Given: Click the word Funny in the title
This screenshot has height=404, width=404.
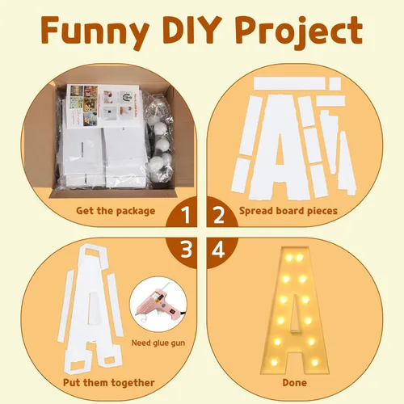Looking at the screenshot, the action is coord(95,32).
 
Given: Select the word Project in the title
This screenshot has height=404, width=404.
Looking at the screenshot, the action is coord(301,32).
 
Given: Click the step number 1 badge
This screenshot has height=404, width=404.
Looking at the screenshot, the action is coord(182,212).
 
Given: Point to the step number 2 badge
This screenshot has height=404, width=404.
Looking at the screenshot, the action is coord(221,212).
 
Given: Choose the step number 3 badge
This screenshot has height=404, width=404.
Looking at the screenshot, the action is coord(182,253).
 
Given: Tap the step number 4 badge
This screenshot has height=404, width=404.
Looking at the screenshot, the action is coord(221,253).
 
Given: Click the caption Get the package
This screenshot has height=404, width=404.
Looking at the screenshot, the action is coord(116,211).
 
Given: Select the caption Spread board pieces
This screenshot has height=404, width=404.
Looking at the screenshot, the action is coord(288,211).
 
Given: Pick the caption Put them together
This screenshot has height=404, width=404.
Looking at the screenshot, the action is coord(109,383).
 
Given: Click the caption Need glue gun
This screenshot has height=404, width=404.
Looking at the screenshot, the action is coord(158,343).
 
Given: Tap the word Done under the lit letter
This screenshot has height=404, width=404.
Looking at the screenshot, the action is coord(295,383).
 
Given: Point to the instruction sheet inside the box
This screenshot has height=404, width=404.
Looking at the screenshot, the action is coord(103,106).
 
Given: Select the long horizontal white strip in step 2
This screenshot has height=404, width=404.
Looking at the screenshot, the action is coord(292,83).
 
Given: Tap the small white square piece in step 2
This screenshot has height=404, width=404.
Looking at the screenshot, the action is coord(335,84).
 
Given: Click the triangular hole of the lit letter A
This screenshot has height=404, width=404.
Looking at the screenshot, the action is coord(295,314).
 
